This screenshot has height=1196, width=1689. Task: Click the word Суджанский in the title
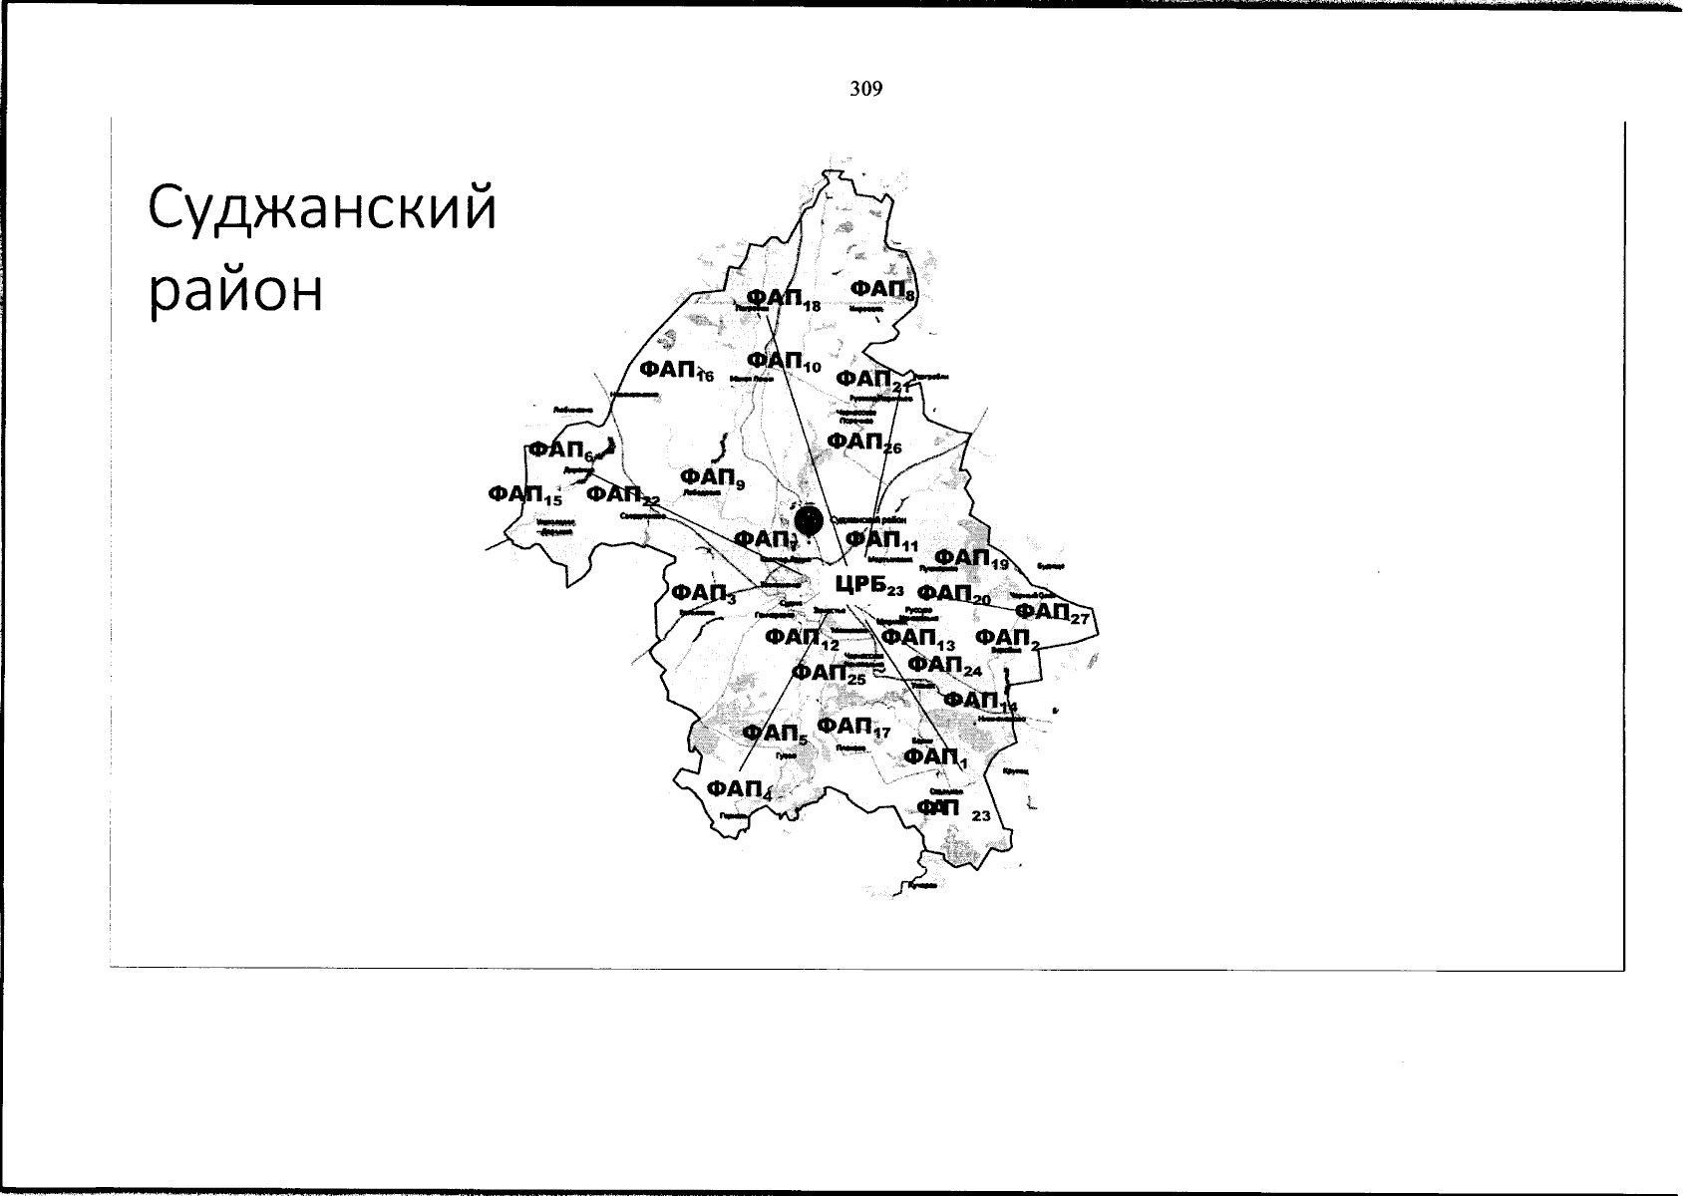pos(321,209)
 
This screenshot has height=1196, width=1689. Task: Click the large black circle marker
pos(809,519)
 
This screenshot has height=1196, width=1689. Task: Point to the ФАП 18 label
pos(782,300)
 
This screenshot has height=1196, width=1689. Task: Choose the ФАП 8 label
pos(882,290)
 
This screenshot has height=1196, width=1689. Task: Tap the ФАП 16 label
pos(676,371)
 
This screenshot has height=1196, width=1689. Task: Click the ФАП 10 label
pos(783,361)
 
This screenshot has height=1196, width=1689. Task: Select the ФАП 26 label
pos(863,442)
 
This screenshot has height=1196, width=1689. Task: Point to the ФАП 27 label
pos(1052,612)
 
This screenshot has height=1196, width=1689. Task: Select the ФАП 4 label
pos(739,790)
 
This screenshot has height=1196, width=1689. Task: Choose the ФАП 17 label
pos(852,728)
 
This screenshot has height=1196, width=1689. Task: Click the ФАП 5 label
pos(774,736)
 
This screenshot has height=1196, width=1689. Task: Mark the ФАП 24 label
pos(945,666)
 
